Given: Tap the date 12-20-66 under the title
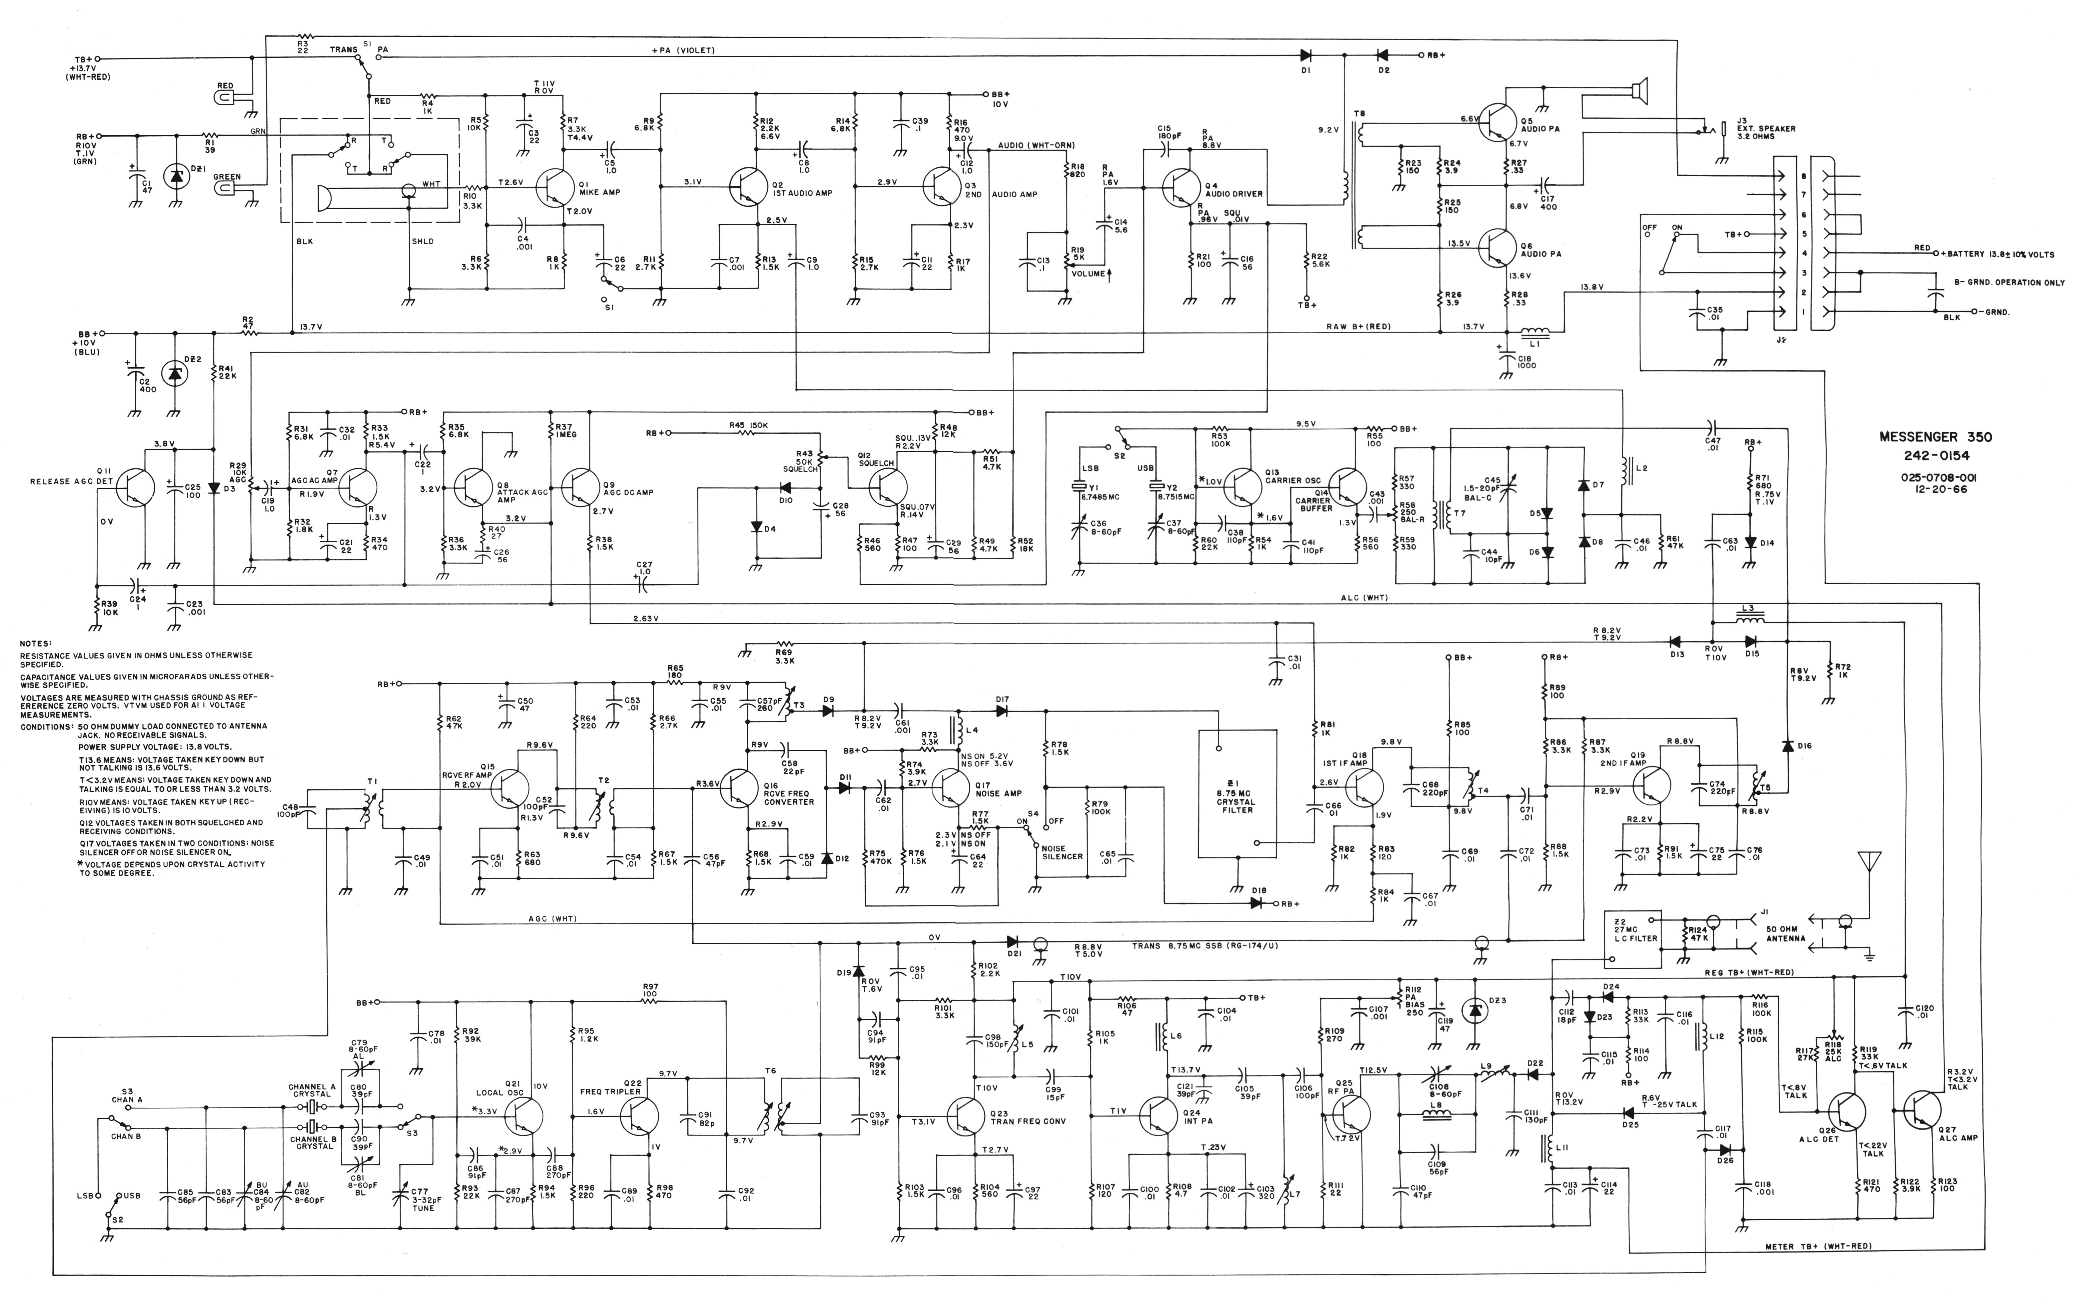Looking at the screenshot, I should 1935,490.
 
